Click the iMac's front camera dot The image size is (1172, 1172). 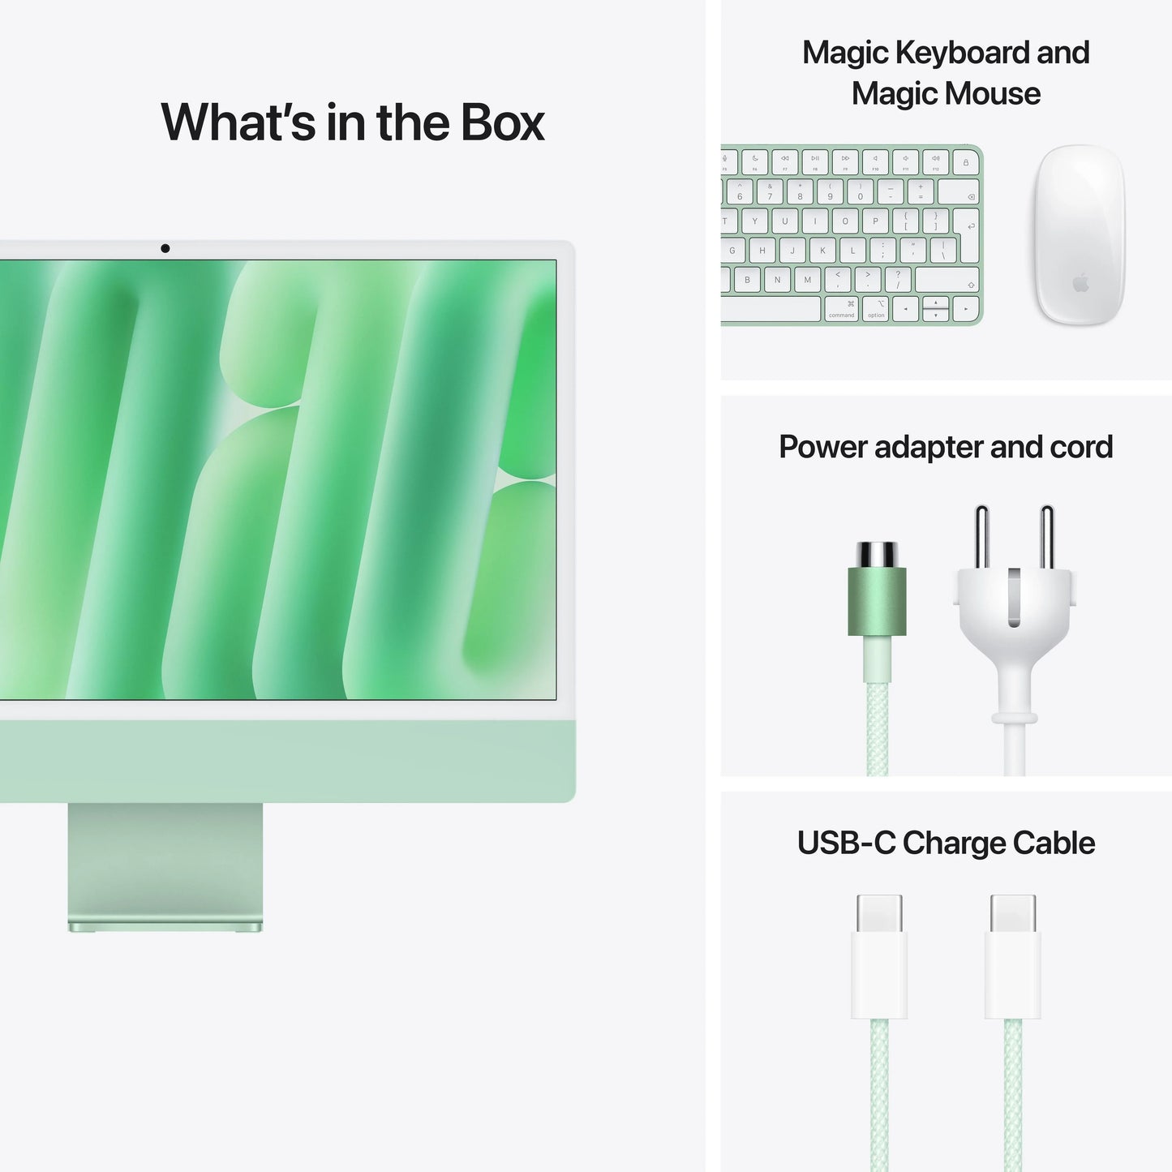[165, 248]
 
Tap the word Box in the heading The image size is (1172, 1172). [502, 122]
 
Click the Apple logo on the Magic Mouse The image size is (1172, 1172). [1080, 283]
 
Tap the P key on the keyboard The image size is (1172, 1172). [875, 221]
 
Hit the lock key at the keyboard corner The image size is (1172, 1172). [965, 162]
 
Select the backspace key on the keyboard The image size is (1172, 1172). [959, 193]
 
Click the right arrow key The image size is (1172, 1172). [965, 309]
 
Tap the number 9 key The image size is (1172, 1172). [830, 192]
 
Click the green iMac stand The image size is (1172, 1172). [165, 865]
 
